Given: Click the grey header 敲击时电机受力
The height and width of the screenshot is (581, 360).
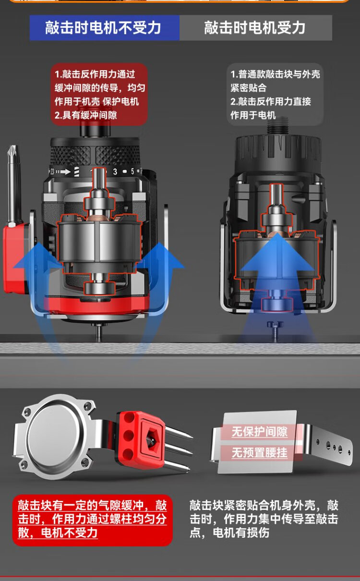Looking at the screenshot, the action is pyautogui.click(x=256, y=27).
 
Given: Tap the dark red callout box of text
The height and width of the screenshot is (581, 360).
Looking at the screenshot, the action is pyautogui.click(x=99, y=95).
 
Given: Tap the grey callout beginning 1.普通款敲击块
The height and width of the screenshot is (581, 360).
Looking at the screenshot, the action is pyautogui.click(x=275, y=95).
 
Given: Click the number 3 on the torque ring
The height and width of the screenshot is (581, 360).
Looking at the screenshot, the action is pyautogui.click(x=115, y=171).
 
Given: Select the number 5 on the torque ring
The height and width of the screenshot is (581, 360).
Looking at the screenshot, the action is pyautogui.click(x=132, y=171).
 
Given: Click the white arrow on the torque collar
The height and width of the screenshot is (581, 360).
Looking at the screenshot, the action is pyautogui.click(x=66, y=172).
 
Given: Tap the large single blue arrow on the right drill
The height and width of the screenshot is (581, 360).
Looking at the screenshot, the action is pyautogui.click(x=277, y=262).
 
